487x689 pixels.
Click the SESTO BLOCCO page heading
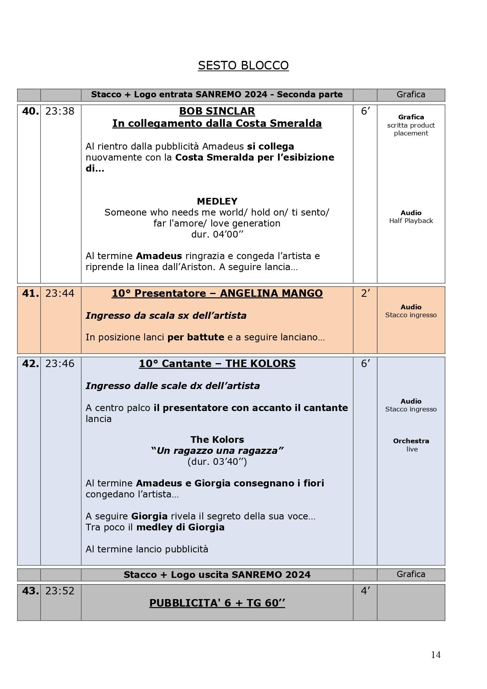click(x=243, y=66)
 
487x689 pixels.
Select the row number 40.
click(x=30, y=111)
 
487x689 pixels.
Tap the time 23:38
click(x=60, y=111)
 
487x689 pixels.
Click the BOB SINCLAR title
click(x=217, y=111)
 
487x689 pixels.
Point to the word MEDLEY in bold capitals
click(x=217, y=201)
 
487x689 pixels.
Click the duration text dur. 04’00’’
click(x=217, y=234)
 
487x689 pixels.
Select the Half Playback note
click(x=411, y=221)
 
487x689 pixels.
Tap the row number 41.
click(x=30, y=294)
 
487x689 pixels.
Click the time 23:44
click(x=60, y=294)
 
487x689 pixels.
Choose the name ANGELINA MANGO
click(x=271, y=294)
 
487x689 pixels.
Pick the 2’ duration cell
click(x=365, y=294)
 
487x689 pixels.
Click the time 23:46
click(x=60, y=364)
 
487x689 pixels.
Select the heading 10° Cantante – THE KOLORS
click(x=217, y=364)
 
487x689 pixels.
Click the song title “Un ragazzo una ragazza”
click(x=217, y=451)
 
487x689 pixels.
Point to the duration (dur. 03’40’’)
click(x=217, y=462)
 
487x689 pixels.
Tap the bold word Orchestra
click(x=411, y=441)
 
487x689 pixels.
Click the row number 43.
click(x=30, y=591)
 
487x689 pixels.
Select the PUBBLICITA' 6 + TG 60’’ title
click(x=217, y=603)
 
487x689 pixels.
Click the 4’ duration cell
click(x=365, y=591)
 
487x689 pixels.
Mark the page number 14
click(x=436, y=655)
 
